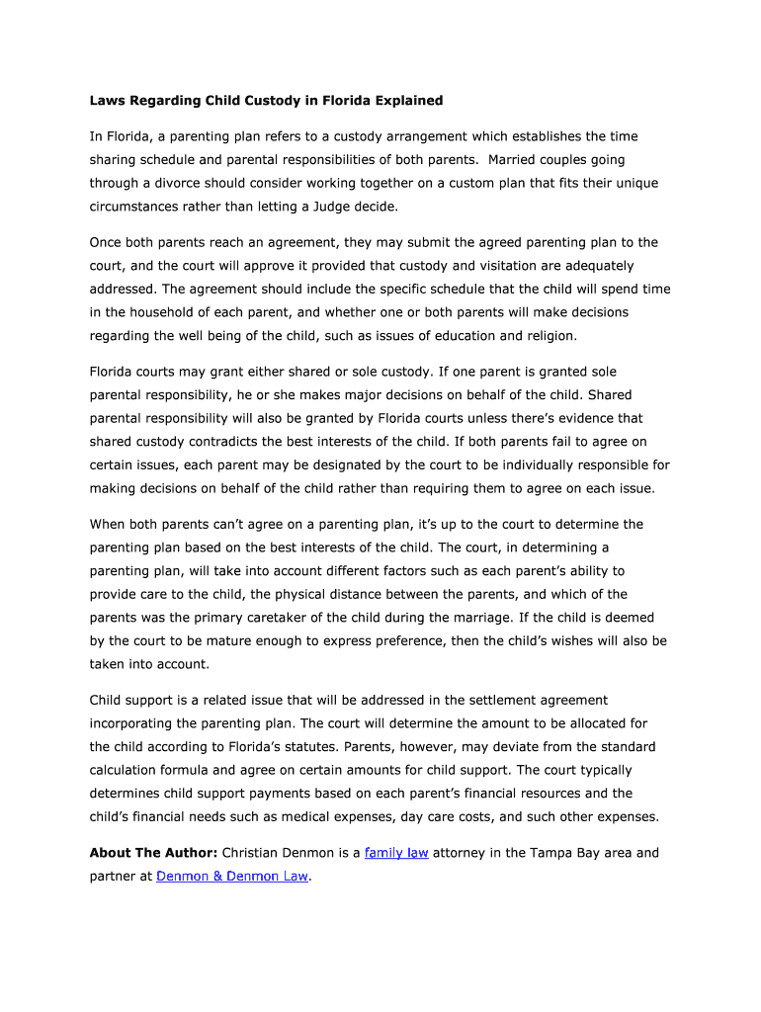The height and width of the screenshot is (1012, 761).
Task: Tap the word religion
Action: pos(546,336)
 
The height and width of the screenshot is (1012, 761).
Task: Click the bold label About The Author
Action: pos(153,853)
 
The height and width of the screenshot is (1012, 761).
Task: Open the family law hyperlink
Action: pos(395,853)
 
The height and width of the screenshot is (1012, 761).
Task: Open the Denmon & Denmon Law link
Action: pos(232,877)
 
